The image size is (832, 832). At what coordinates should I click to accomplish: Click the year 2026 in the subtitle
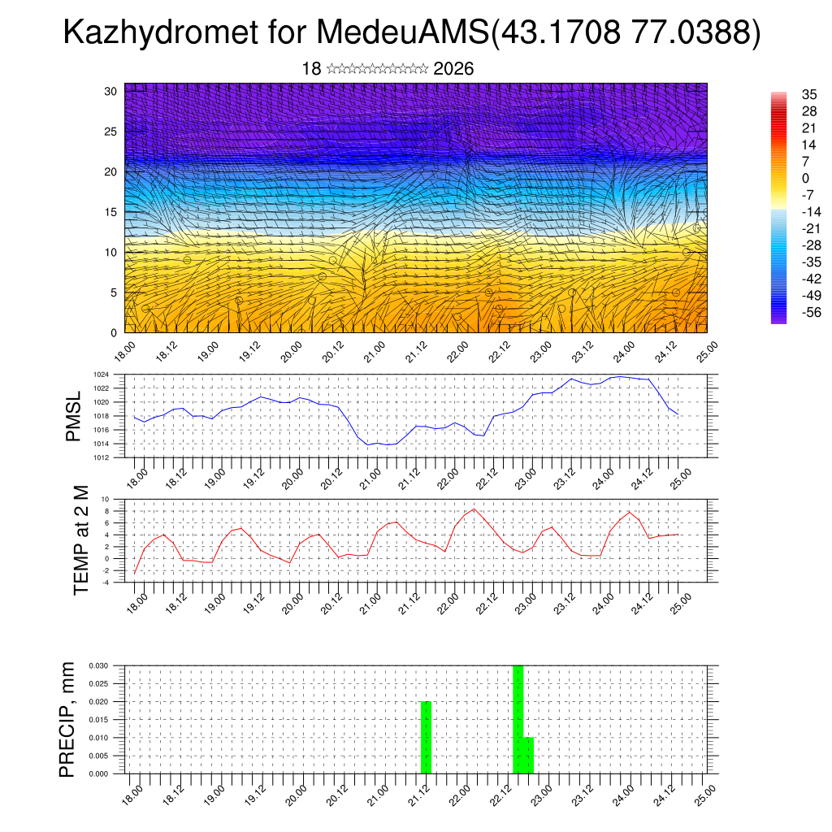(453, 69)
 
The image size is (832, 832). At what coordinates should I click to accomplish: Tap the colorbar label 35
(809, 94)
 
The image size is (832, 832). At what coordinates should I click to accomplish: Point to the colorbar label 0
(806, 178)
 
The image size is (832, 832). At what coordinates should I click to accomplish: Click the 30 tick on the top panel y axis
(111, 91)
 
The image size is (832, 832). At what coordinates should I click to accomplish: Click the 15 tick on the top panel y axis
(111, 212)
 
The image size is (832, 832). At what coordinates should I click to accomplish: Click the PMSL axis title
(74, 416)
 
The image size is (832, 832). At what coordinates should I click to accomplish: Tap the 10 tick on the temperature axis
(105, 499)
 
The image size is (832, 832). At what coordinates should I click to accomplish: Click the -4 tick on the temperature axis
(105, 582)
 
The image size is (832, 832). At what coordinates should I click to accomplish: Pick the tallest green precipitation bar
(518, 720)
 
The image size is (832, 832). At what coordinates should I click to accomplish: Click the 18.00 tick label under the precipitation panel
(132, 794)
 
